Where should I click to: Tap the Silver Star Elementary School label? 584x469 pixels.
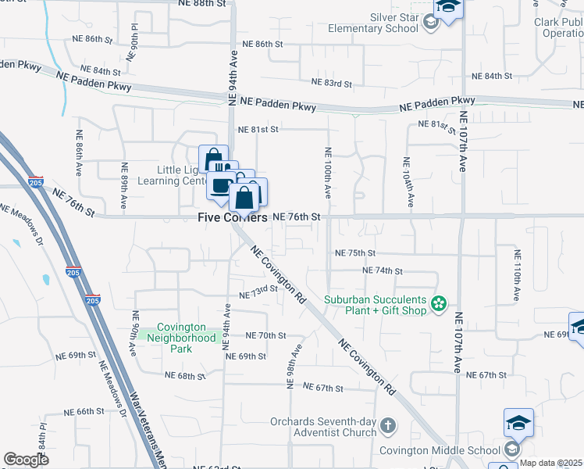[377, 23]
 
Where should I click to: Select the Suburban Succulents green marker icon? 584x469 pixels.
[439, 303]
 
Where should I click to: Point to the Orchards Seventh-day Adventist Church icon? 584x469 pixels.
[389, 426]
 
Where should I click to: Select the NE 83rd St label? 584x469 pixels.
[332, 83]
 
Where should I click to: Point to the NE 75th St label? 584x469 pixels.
[355, 253]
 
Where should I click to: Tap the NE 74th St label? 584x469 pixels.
[383, 270]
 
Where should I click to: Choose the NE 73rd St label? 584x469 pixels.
[258, 292]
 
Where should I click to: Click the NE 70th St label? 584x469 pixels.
[266, 335]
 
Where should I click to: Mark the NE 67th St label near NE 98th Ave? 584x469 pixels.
[323, 388]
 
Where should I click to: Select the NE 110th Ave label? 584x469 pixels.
[517, 276]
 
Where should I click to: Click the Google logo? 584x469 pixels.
[26, 460]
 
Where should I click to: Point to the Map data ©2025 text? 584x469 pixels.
[551, 464]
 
